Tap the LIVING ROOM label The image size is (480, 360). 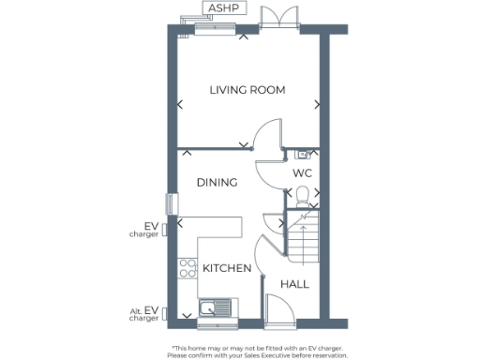point(247,90)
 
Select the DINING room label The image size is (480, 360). point(217,183)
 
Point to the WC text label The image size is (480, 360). point(302,174)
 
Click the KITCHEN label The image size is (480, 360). point(227,268)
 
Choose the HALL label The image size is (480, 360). point(295,284)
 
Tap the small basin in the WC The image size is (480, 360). point(302,154)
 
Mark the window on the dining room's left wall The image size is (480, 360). point(171,202)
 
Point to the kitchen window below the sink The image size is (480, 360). point(215,325)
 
